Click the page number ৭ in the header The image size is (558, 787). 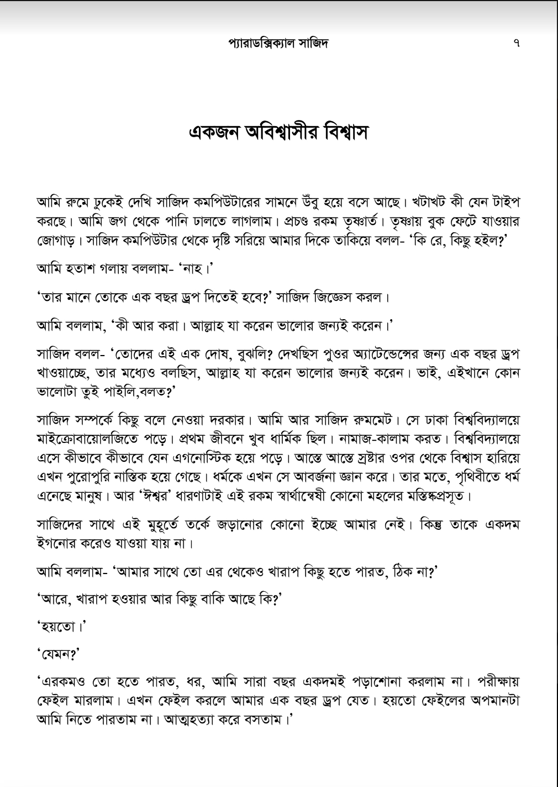point(517,43)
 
